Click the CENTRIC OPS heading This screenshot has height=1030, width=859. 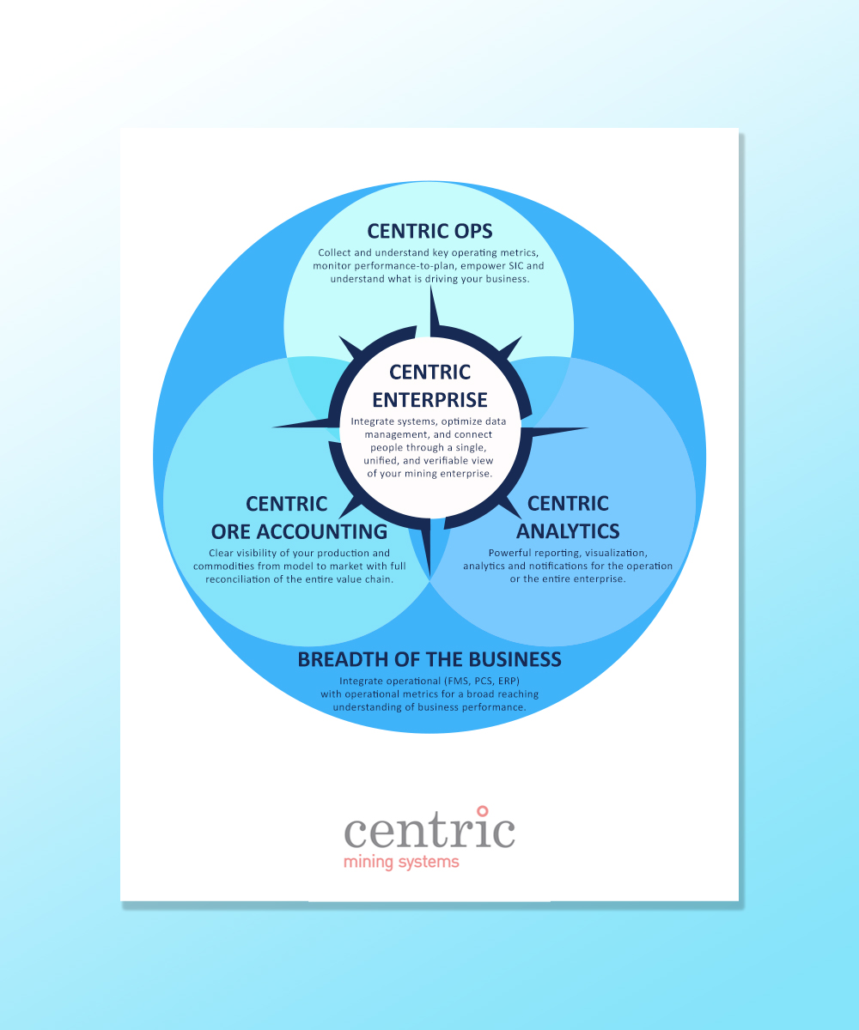click(x=429, y=231)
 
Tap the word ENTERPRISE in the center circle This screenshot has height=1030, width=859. click(x=429, y=400)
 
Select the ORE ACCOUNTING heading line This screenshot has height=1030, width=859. click(x=299, y=531)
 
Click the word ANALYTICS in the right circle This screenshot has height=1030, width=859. click(x=568, y=530)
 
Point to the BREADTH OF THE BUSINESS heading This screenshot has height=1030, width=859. click(x=429, y=659)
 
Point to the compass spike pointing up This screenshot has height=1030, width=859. click(x=434, y=311)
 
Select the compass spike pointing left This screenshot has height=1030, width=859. click(x=302, y=423)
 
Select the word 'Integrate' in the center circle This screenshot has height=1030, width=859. click(x=370, y=421)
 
